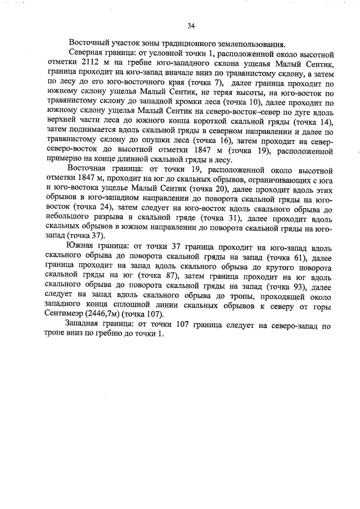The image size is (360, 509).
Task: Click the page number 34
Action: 191,26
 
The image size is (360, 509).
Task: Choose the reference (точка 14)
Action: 314,122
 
